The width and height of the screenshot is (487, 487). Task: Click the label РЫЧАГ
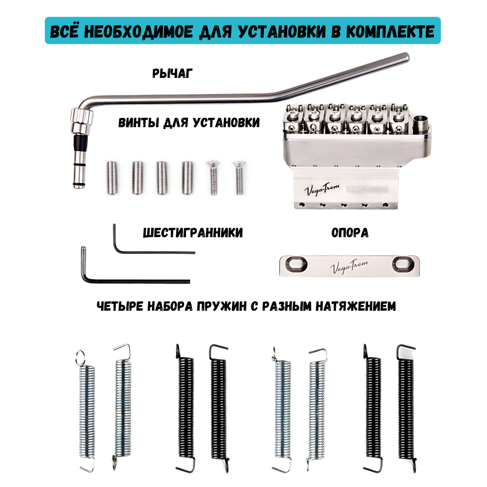172,74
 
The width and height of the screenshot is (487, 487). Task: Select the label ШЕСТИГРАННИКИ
193,233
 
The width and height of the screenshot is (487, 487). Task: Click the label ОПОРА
350,233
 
